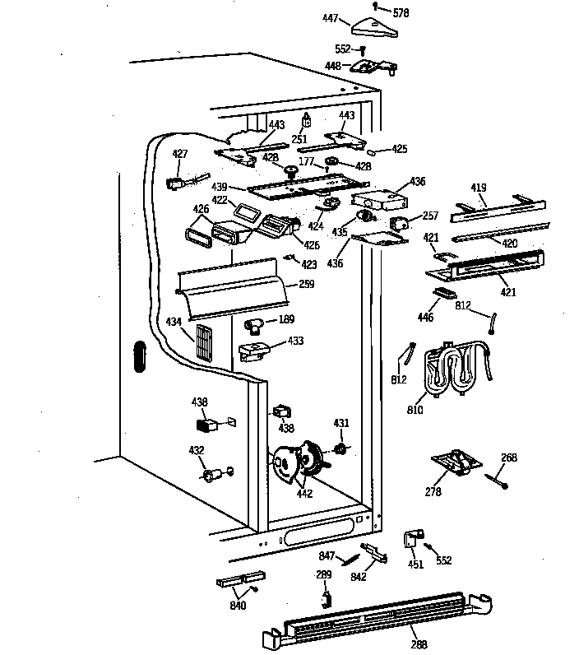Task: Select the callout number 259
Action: pyautogui.click(x=306, y=285)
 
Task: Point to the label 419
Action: pyautogui.click(x=478, y=188)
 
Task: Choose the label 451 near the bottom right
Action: pyautogui.click(x=415, y=564)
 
